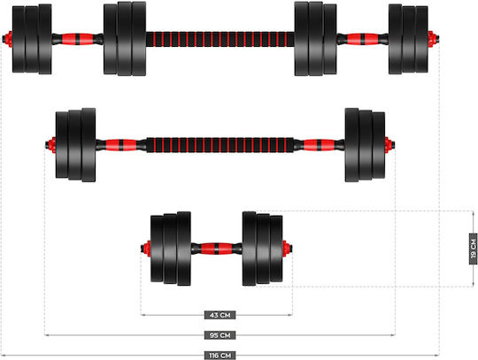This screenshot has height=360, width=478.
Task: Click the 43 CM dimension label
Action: [x=220, y=315]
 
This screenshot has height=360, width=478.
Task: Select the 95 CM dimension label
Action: [x=220, y=335]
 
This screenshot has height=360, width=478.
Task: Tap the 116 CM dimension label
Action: [x=220, y=356]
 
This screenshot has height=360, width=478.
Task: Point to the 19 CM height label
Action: [x=473, y=249]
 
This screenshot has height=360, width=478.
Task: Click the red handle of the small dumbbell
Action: [x=217, y=249]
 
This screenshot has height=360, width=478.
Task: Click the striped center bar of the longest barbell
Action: [x=220, y=39]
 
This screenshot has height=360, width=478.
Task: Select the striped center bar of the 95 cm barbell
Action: [x=220, y=145]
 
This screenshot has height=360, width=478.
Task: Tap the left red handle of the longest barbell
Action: [x=77, y=39]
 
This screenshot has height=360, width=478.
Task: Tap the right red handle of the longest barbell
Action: [x=362, y=39]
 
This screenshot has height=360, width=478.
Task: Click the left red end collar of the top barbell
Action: [x=8, y=39]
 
